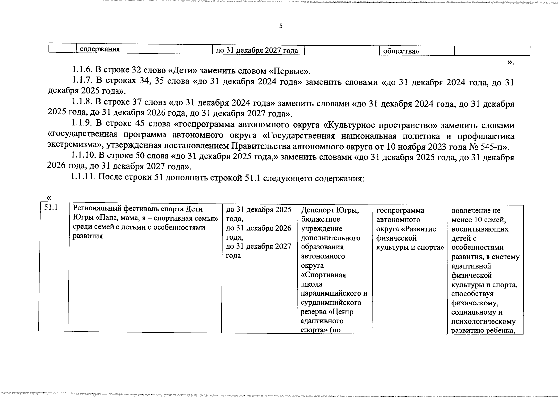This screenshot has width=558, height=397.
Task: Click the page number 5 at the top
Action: click(x=281, y=26)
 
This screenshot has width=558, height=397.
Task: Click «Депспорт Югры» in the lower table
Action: click(x=330, y=210)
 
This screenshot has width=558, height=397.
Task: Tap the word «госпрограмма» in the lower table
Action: click(x=400, y=211)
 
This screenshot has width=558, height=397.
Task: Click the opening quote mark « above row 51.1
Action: click(x=49, y=198)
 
